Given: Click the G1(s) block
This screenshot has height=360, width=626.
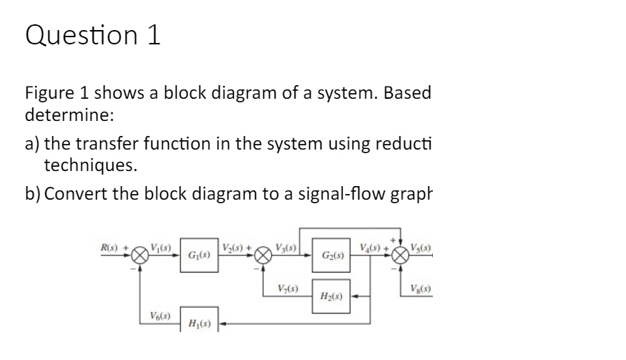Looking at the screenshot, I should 197,255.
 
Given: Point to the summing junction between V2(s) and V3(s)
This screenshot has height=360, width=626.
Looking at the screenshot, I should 264,255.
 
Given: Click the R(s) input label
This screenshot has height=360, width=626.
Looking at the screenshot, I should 107,244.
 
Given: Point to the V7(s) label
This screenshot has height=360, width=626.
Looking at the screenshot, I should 288,288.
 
